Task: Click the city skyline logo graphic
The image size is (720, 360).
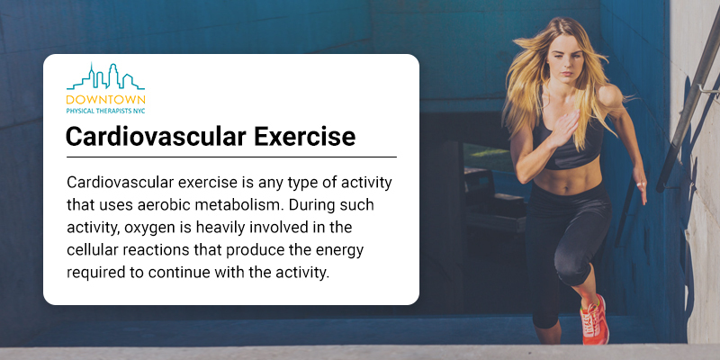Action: point(105,76)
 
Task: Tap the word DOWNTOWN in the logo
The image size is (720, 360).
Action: point(105,100)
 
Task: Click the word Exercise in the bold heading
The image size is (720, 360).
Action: point(305,136)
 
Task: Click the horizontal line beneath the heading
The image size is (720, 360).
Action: point(231,157)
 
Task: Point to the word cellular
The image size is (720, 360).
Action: point(93,250)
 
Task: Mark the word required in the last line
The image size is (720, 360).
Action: point(94,274)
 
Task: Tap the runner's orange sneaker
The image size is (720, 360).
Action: point(595,320)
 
